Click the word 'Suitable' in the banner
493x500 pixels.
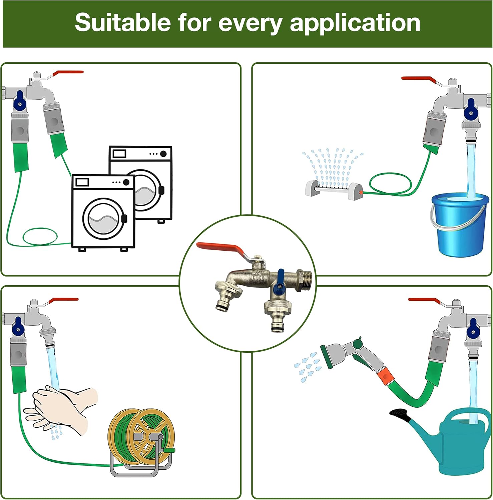click(x=122, y=23)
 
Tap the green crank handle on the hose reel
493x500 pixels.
click(x=169, y=450)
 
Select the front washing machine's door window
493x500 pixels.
click(x=103, y=218)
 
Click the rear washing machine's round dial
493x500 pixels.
click(x=163, y=154)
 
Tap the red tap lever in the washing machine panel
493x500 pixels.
click(x=69, y=72)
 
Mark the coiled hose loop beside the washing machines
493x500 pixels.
click(x=40, y=237)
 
